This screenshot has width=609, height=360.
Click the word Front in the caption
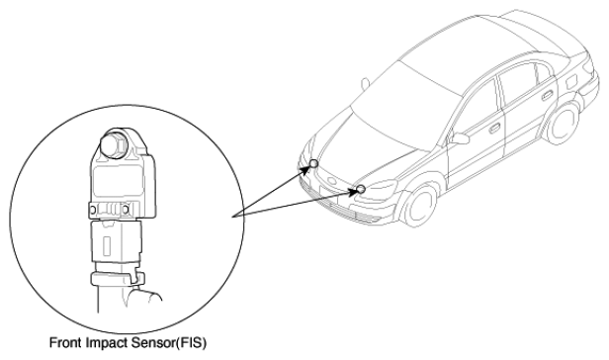pyautogui.click(x=65, y=342)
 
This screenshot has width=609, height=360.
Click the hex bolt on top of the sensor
pyautogui.click(x=114, y=145)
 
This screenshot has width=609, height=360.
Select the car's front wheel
pyautogui.click(x=419, y=205)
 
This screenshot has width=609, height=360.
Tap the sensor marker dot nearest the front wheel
pyautogui.click(x=361, y=189)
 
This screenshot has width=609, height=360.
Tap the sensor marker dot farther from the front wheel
pyautogui.click(x=313, y=164)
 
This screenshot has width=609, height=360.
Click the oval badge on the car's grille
pyautogui.click(x=331, y=181)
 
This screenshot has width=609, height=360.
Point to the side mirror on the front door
pyautogui.click(x=459, y=137)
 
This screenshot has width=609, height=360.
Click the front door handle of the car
pyautogui.click(x=494, y=128)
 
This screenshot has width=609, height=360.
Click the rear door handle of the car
pyautogui.click(x=548, y=94)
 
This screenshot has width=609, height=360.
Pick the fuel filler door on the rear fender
pyautogui.click(x=571, y=82)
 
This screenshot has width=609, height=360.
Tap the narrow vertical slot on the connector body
pyautogui.click(x=107, y=245)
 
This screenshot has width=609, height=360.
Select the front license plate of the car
pyautogui.click(x=329, y=195)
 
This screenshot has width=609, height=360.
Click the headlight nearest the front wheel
pyautogui.click(x=379, y=190)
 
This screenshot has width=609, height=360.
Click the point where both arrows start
pyautogui.click(x=232, y=217)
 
